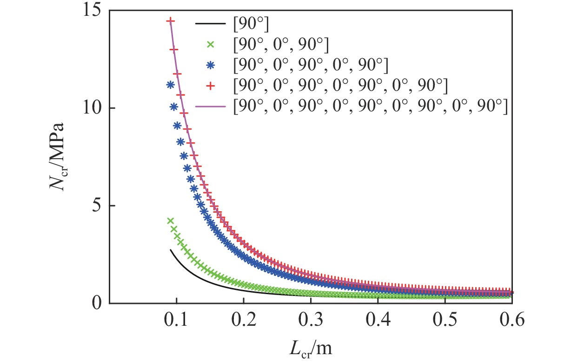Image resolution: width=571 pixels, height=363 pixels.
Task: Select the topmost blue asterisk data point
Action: (x=170, y=85)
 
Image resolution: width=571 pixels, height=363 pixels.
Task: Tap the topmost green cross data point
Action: (x=170, y=221)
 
